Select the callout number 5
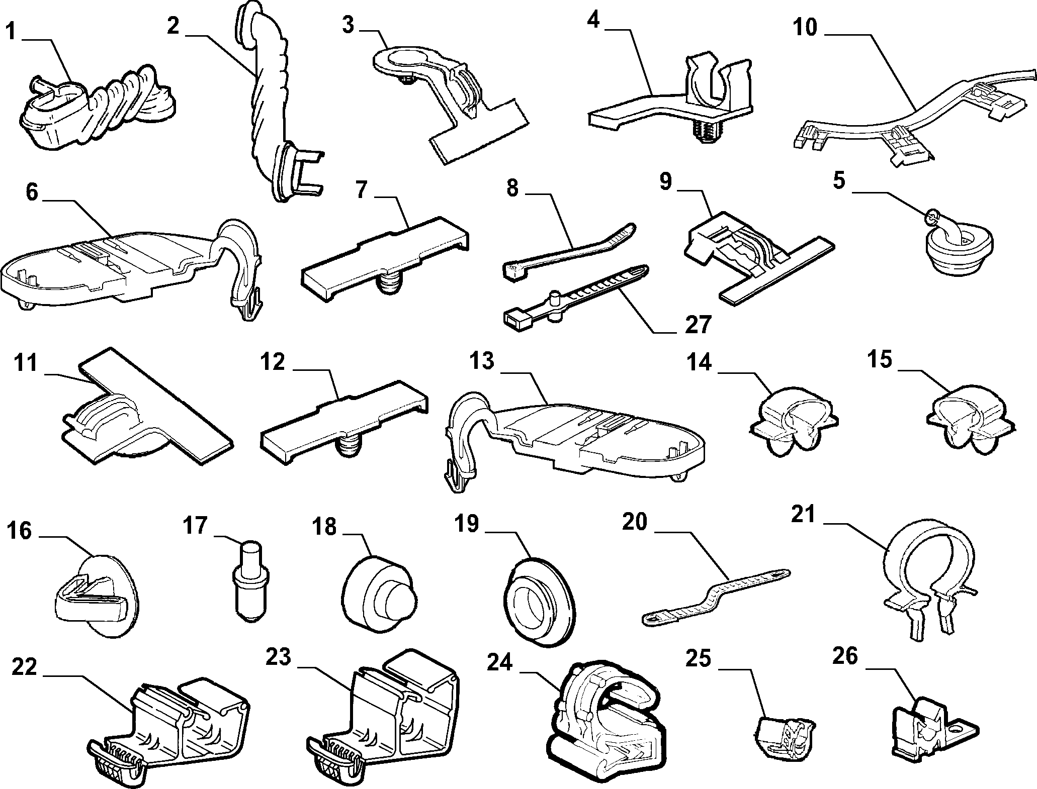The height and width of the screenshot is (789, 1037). [839, 181]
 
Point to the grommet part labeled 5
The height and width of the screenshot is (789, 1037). [958, 249]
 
